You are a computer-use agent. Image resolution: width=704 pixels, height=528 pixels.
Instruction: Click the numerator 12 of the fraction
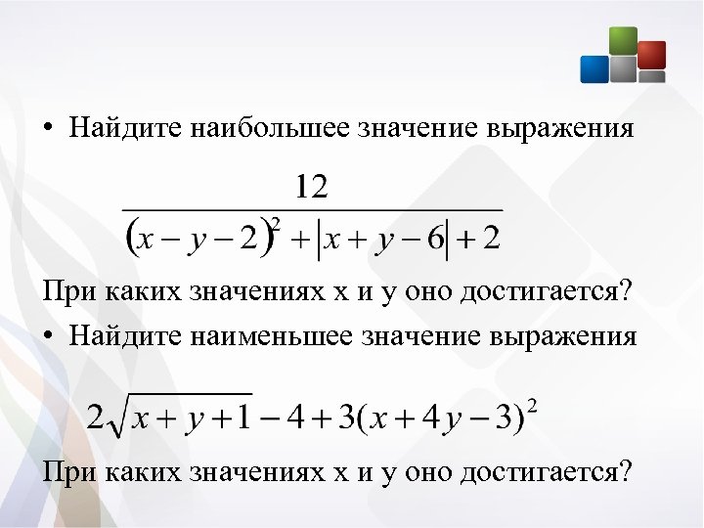(312, 186)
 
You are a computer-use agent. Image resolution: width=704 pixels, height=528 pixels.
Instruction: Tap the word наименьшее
(275, 336)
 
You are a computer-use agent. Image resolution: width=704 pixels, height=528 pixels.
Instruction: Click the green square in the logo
(623, 42)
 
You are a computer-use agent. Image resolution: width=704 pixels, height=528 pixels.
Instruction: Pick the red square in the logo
(651, 54)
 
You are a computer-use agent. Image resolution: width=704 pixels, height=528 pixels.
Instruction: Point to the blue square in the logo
(594, 68)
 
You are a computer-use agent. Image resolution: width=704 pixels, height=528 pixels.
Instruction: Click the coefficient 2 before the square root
(95, 418)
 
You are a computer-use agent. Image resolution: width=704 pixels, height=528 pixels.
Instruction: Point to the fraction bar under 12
(312, 209)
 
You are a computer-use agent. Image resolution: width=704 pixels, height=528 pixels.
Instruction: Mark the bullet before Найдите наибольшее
(48, 131)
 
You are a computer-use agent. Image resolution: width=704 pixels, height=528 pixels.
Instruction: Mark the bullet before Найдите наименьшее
(48, 337)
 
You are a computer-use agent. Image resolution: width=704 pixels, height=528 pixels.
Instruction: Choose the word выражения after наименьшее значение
(567, 336)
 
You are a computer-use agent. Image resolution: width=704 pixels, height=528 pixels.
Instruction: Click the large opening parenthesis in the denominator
(132, 237)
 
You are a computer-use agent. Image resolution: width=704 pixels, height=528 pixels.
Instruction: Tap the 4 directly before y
(430, 418)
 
